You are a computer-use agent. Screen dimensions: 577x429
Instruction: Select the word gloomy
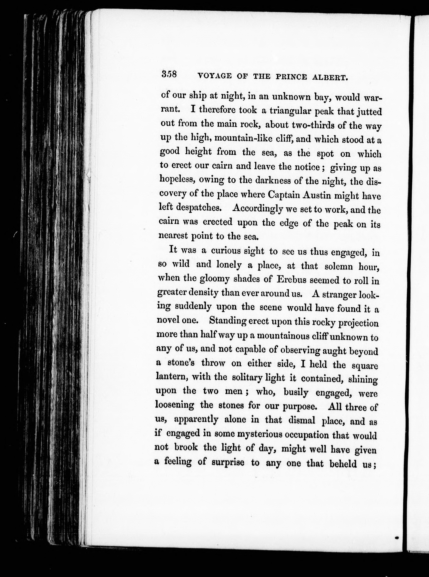coord(214,279)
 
